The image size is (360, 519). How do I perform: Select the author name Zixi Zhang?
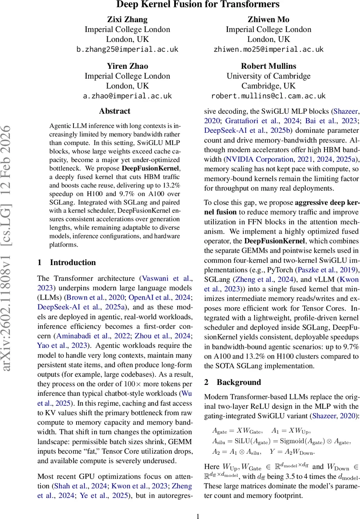pyautogui.click(x=127, y=19)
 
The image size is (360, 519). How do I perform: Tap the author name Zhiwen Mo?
pyautogui.click(x=268, y=19)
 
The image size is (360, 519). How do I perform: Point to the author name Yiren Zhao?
pyautogui.click(x=127, y=66)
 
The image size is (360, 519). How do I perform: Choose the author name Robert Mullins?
pyautogui.click(x=268, y=66)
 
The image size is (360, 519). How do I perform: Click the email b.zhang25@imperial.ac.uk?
pyautogui.click(x=127, y=49)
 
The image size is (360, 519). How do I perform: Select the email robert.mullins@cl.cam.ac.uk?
pyautogui.click(x=268, y=96)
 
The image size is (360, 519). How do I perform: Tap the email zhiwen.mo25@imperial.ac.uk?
pyautogui.click(x=268, y=49)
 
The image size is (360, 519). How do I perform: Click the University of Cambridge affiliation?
pyautogui.click(x=268, y=76)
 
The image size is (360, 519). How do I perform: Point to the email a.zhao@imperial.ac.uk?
pyautogui.click(x=127, y=96)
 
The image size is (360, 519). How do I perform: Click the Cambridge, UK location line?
pyautogui.click(x=268, y=86)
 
